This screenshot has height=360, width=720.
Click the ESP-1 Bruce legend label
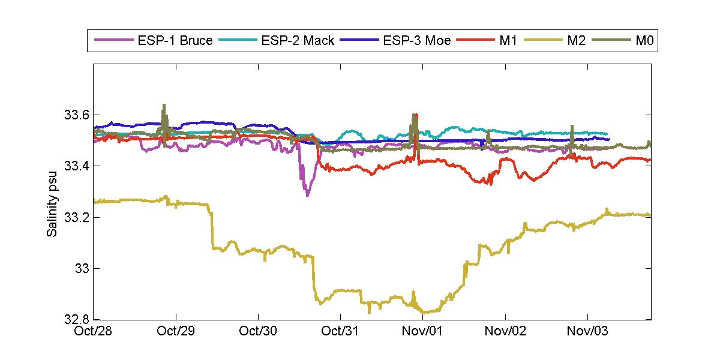tap(174, 41)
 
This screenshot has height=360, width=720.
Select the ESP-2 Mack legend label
tap(297, 41)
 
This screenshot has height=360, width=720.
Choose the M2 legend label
tap(575, 41)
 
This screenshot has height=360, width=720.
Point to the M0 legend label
tap(644, 41)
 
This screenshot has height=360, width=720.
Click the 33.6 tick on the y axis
tap(76, 114)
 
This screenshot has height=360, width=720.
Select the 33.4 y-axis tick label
tap(76, 166)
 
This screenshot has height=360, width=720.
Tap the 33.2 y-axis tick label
tap(76, 217)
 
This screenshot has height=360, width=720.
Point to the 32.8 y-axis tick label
tap(76, 320)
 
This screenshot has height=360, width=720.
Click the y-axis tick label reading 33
tap(81, 268)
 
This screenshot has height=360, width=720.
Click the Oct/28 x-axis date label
tap(94, 331)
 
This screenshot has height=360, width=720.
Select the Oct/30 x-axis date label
tap(258, 331)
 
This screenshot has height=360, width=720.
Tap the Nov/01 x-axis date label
tap(422, 331)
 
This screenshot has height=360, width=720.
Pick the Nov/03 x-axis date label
tap(587, 331)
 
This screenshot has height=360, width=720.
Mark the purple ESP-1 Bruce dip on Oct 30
tap(307, 194)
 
